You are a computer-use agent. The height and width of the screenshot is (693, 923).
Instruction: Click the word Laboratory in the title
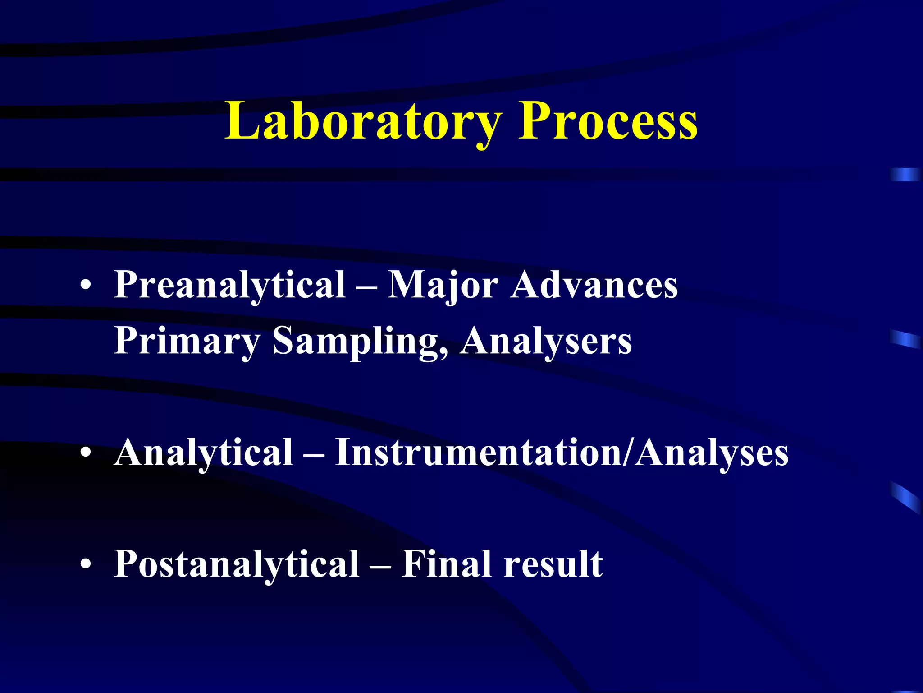(363, 121)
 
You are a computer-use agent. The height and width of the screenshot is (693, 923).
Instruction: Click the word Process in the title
(608, 121)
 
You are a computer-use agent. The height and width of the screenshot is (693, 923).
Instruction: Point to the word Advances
(594, 285)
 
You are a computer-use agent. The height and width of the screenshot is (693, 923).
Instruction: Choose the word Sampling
(358, 341)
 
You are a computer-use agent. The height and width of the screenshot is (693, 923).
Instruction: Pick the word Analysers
(546, 341)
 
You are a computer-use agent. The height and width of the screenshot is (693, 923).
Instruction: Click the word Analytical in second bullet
(204, 452)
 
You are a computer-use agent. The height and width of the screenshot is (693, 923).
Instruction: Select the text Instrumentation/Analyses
(562, 452)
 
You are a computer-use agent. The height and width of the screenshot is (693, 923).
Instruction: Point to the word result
(553, 564)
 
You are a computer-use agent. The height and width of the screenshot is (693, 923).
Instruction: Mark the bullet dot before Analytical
(86, 453)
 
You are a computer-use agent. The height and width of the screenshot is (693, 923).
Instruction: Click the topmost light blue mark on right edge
(905, 175)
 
